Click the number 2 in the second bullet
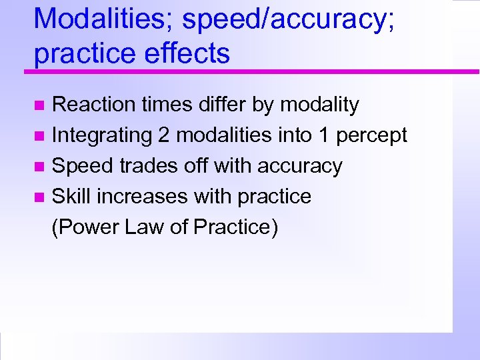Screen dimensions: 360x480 (164, 135)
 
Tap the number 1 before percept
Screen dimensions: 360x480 (323, 135)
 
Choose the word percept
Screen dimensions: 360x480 (371, 135)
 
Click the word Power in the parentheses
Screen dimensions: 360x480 (83, 227)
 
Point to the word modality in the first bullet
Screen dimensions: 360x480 (319, 105)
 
